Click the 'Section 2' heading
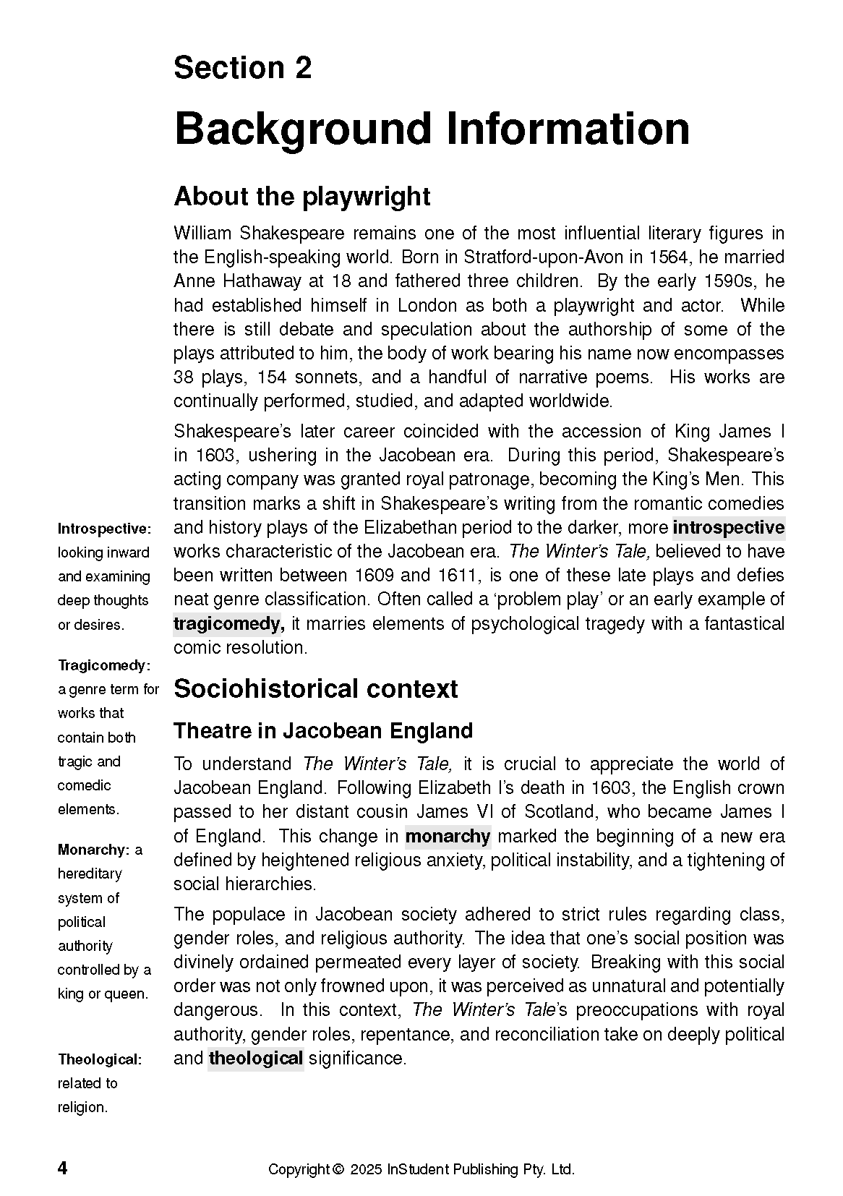pyautogui.click(x=242, y=68)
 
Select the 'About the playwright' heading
pyautogui.click(x=301, y=197)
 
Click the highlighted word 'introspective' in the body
pyautogui.click(x=728, y=527)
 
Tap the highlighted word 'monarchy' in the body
pyautogui.click(x=448, y=837)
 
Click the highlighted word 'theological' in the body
pyautogui.click(x=255, y=1059)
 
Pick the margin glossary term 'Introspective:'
pyautogui.click(x=104, y=529)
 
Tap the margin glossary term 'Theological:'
pyautogui.click(x=100, y=1059)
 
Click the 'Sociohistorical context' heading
pyautogui.click(x=315, y=689)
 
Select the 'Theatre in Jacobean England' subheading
pyautogui.click(x=322, y=731)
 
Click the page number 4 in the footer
pyautogui.click(x=63, y=1169)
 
